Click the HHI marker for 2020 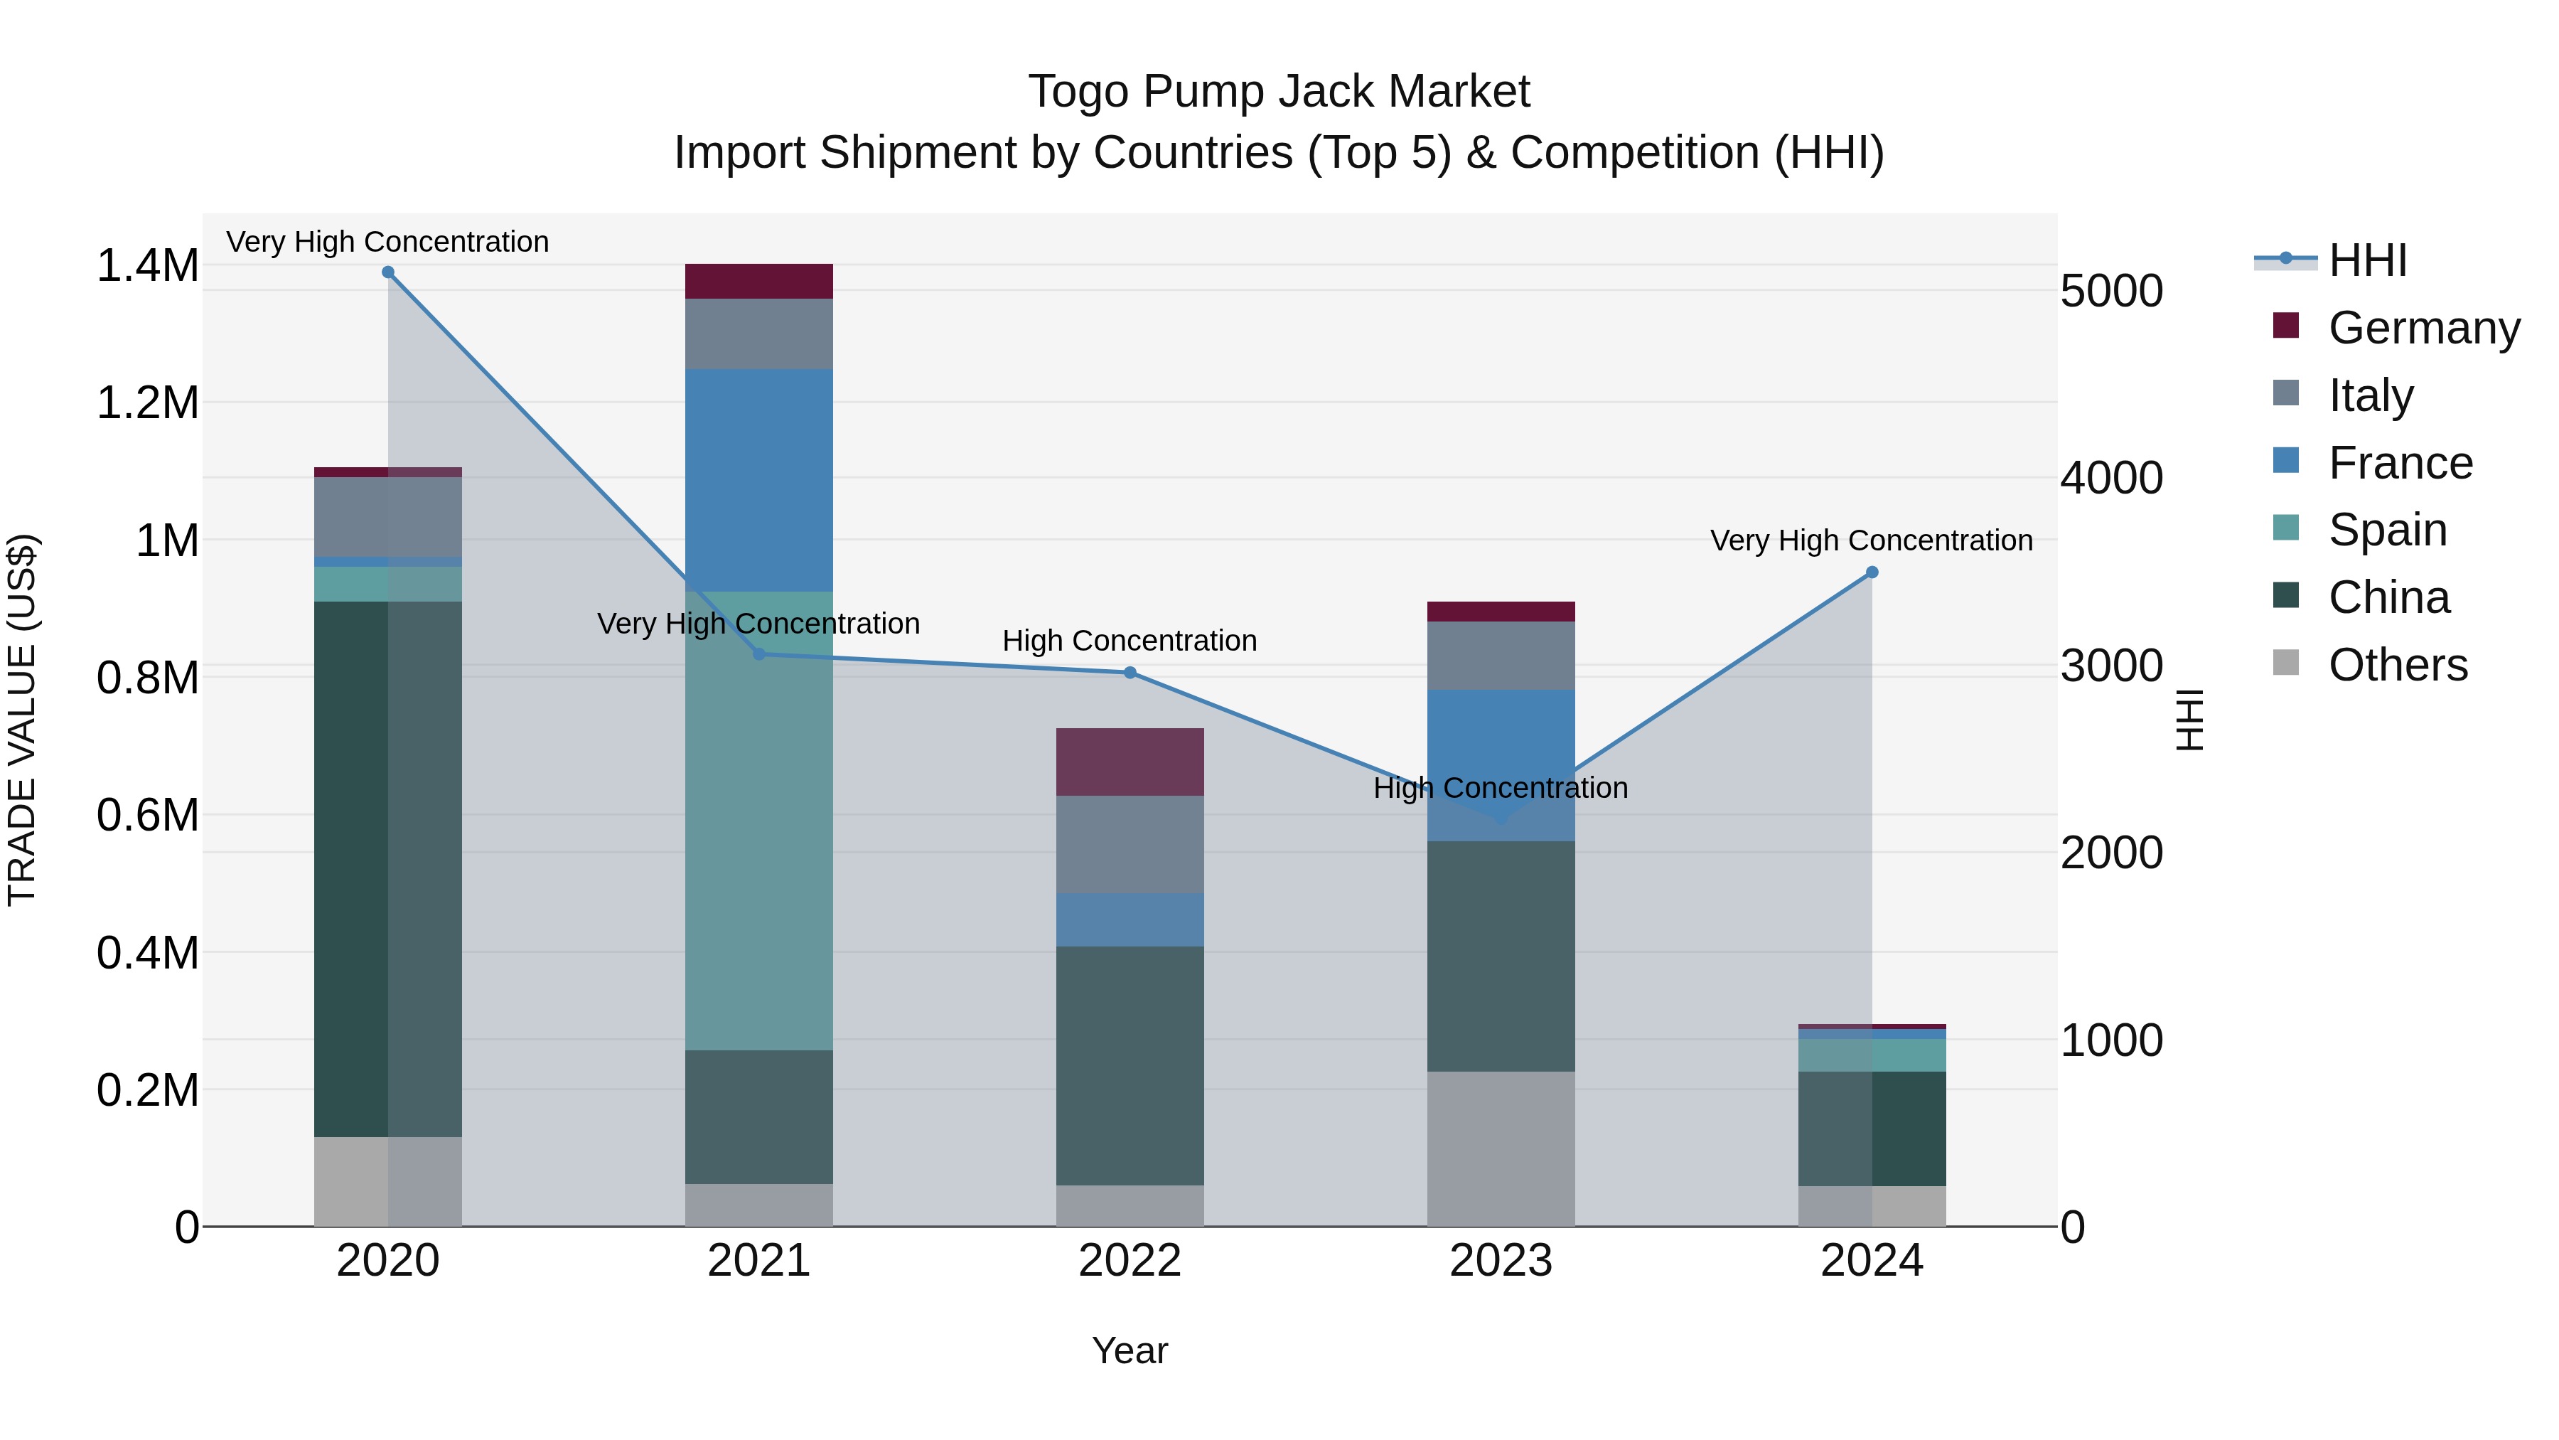coord(388,272)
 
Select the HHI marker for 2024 coord(1872,572)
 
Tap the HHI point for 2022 coord(1130,673)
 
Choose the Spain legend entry coord(2387,530)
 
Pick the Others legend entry coord(2397,665)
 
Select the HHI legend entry coord(2367,260)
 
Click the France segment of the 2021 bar coord(759,480)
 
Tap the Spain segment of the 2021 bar coord(759,820)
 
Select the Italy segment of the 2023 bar coord(1501,656)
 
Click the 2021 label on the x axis coord(759,1261)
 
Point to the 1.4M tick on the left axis coord(147,267)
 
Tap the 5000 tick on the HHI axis coord(2112,291)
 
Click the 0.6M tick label coord(147,816)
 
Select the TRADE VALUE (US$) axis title coord(22,720)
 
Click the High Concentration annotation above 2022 coord(1130,641)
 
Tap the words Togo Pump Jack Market coord(1279,92)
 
